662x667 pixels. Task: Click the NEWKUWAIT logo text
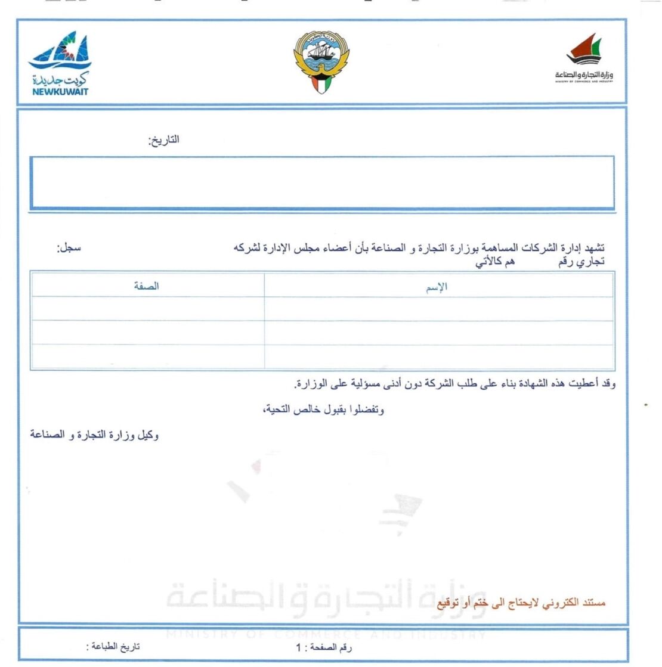(60, 91)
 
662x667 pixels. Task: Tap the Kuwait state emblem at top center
(321, 62)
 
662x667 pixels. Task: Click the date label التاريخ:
(163, 141)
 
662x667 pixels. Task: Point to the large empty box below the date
(322, 182)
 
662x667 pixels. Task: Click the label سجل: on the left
(69, 248)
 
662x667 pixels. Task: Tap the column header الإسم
(437, 287)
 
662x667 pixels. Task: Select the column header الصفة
(146, 286)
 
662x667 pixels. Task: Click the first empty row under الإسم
(438, 309)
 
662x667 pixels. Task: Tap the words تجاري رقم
(581, 261)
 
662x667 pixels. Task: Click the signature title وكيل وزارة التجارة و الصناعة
(95, 435)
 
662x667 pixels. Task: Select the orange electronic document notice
(521, 603)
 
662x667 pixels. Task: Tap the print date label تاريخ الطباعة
(113, 647)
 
